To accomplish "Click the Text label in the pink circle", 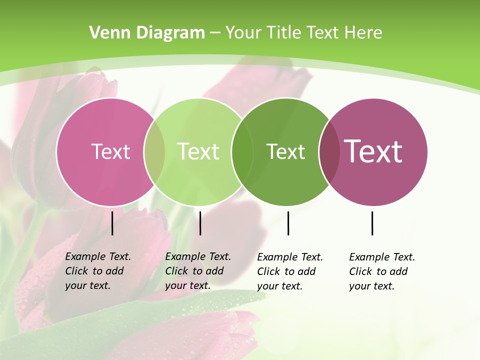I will [x=110, y=151].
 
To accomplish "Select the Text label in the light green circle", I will [x=198, y=151].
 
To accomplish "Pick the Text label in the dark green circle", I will [x=286, y=151].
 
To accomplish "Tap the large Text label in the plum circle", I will [x=373, y=151].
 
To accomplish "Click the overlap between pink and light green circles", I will [x=154, y=152].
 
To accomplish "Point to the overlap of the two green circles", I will [x=242, y=152].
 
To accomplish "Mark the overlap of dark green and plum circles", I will [x=329, y=152].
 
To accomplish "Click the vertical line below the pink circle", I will [x=112, y=223].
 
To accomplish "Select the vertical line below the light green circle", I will [x=200, y=223].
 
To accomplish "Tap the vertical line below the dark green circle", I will [x=288, y=223].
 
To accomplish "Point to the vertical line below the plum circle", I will [x=372, y=223].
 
